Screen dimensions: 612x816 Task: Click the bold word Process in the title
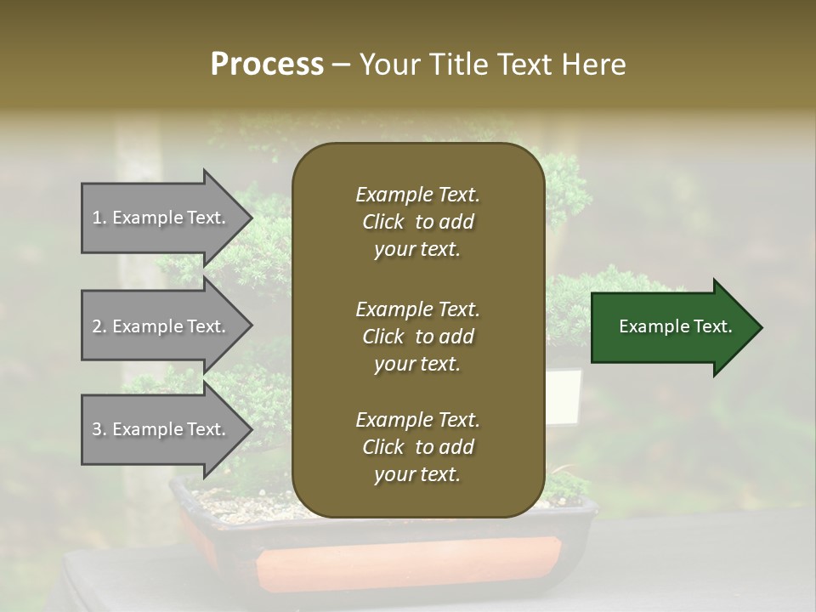click(267, 65)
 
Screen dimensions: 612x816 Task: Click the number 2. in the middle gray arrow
click(99, 326)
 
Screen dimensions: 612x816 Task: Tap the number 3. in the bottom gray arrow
click(99, 429)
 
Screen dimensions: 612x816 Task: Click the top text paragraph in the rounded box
click(417, 222)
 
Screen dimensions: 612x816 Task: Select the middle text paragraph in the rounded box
click(417, 336)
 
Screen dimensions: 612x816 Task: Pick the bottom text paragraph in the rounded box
click(417, 447)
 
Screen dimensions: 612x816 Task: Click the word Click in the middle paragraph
click(382, 337)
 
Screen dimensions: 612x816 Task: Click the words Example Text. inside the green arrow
click(675, 326)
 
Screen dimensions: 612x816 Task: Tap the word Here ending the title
click(596, 65)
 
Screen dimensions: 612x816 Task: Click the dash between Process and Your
click(342, 65)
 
